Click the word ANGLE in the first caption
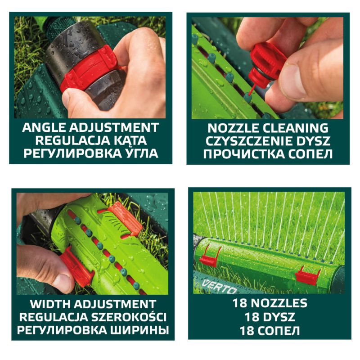point(44,128)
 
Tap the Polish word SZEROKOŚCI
point(129,317)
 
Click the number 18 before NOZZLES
point(240,303)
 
